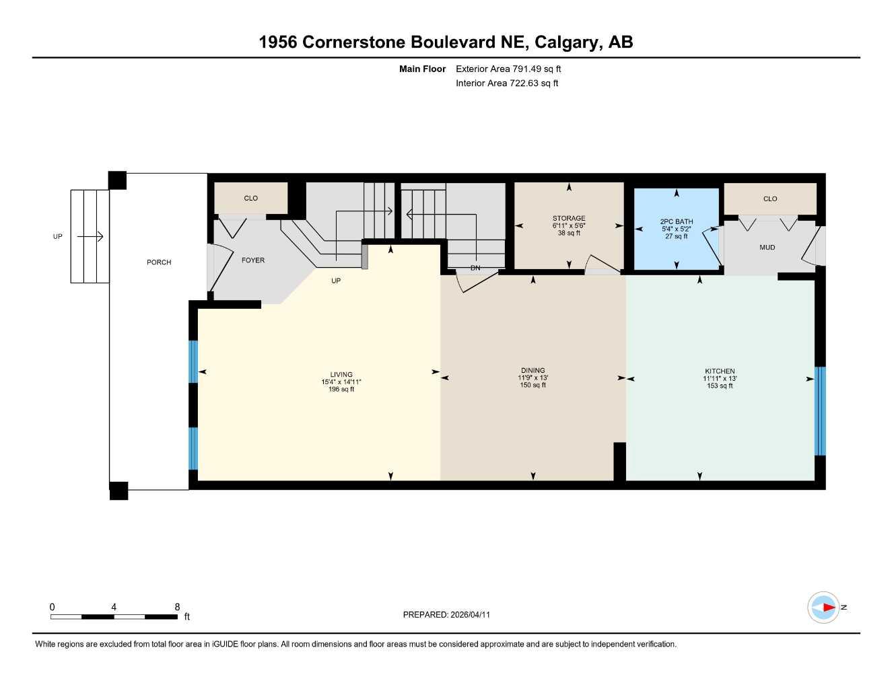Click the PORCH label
click(159, 262)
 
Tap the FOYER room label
click(253, 260)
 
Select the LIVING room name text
click(341, 375)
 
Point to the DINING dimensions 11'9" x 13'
click(533, 378)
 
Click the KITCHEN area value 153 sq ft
click(720, 386)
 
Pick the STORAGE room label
click(569, 219)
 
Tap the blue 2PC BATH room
click(677, 229)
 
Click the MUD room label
click(767, 248)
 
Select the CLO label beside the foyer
click(250, 198)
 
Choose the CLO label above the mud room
click(770, 199)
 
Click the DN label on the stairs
click(475, 268)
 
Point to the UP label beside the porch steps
click(58, 237)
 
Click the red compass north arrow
click(827, 608)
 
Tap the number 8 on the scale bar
click(177, 607)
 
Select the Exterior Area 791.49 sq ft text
click(508, 69)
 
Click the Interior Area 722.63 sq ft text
click(507, 83)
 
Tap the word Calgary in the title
click(568, 42)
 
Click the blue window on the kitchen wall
click(819, 411)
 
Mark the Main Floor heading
click(422, 69)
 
